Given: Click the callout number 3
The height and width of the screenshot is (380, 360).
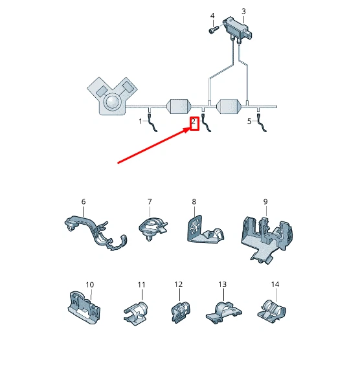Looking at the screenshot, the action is [243, 11].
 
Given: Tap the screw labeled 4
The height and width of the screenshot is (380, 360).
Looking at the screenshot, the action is [213, 30].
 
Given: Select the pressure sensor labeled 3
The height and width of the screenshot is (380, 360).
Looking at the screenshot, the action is [238, 29].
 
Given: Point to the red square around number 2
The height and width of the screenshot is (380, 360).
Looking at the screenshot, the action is [194, 124].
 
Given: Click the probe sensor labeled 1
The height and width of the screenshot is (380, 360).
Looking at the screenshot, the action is [153, 122].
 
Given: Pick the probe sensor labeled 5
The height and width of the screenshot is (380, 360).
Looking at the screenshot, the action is [262, 122].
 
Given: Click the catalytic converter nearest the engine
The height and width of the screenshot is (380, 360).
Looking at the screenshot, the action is [179, 106].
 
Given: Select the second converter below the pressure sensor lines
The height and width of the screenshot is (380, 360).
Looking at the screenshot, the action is [229, 106].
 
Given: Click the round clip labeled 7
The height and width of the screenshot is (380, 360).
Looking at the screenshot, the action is [153, 229].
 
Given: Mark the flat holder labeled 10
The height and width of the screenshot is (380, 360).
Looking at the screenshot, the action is [84, 307].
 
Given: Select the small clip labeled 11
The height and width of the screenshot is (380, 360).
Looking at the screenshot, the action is [136, 313].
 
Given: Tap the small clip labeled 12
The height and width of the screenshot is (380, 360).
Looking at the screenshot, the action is [181, 312].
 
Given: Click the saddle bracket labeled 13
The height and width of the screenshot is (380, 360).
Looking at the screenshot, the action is [224, 313].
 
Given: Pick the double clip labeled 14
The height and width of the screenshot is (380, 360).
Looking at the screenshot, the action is [272, 311].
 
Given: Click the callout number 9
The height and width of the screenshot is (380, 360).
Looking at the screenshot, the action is [265, 201].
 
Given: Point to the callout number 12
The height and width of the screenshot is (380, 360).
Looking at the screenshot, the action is [179, 284].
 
